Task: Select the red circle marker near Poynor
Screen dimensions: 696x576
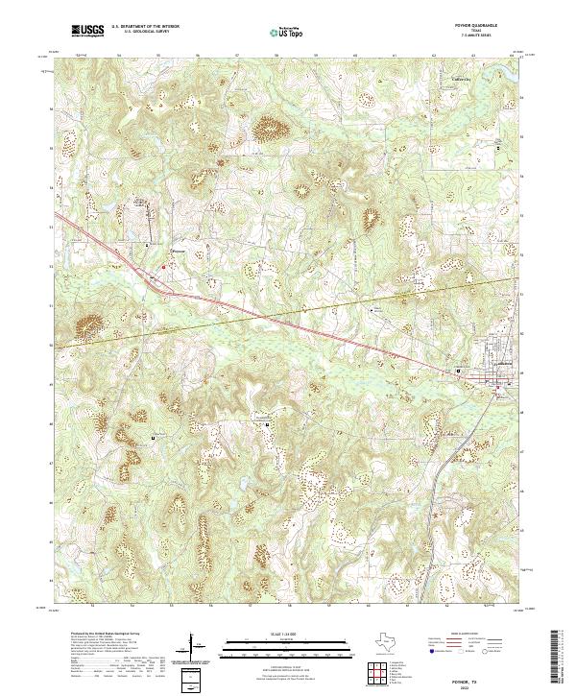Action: [163, 266]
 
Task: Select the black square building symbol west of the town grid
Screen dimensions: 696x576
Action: [459, 371]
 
